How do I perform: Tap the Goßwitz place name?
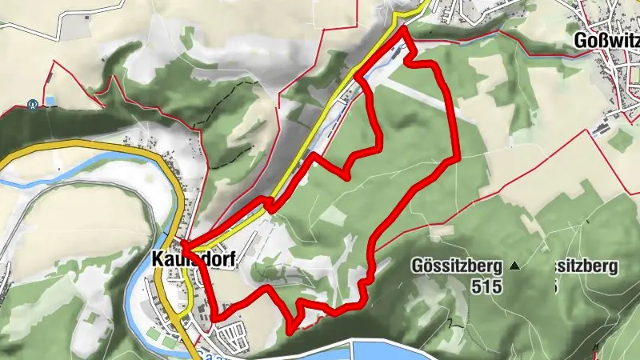[606, 41]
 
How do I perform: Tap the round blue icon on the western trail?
[32, 103]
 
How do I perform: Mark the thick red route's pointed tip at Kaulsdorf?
[183, 243]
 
